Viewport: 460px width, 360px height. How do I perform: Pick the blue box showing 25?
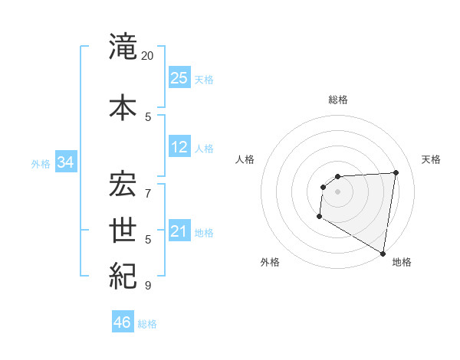click(179, 77)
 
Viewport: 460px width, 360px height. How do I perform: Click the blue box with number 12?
click(179, 147)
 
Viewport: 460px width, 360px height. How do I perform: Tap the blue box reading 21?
click(179, 231)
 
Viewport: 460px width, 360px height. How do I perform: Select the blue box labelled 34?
click(65, 162)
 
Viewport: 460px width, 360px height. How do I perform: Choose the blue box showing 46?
click(123, 322)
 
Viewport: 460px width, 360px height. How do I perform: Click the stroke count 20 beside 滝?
click(148, 56)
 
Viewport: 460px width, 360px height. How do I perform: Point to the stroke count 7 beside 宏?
click(148, 186)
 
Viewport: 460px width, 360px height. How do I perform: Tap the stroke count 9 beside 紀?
click(148, 286)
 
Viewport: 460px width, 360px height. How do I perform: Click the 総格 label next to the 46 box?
click(147, 324)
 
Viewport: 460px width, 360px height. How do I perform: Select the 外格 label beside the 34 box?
click(41, 164)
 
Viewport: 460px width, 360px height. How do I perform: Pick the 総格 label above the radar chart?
click(337, 100)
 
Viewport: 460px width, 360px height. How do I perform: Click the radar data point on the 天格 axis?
click(396, 172)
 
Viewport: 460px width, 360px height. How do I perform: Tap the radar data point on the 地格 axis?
click(383, 254)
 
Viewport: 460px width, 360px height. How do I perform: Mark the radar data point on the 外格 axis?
click(319, 217)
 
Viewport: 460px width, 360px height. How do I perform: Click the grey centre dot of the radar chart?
click(337, 191)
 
